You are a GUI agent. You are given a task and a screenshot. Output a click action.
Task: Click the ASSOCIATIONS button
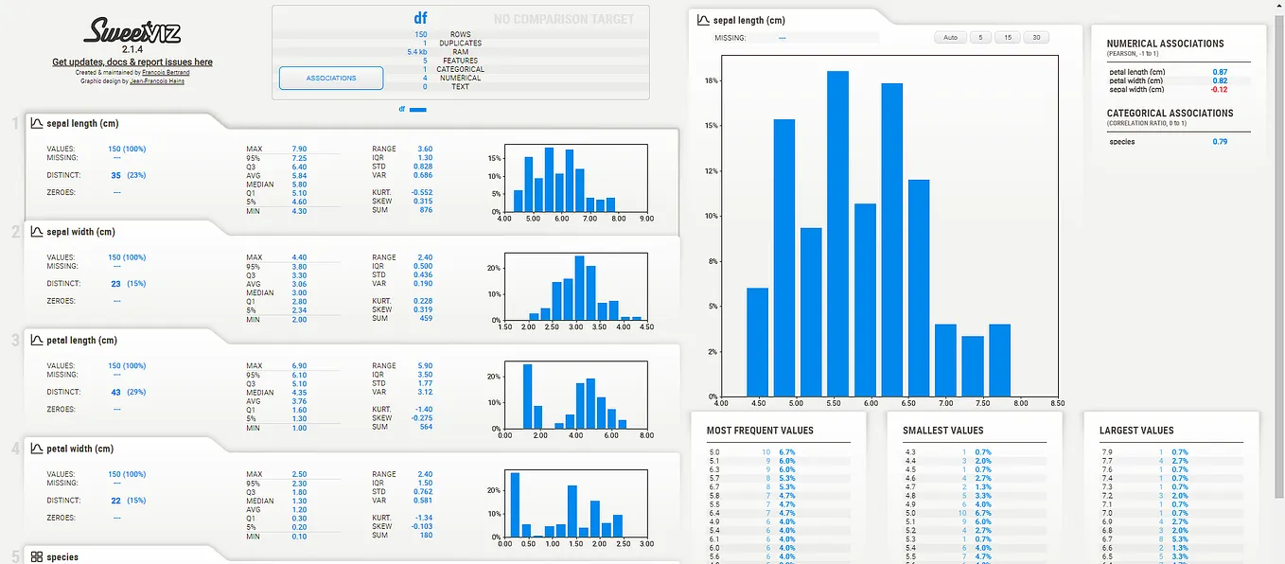(331, 78)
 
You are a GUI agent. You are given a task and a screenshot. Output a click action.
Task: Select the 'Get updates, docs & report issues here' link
(132, 62)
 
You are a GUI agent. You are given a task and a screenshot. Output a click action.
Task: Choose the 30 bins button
(1037, 38)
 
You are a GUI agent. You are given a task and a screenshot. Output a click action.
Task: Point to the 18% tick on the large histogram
(711, 80)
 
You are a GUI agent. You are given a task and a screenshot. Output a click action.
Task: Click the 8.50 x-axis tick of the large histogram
(1057, 402)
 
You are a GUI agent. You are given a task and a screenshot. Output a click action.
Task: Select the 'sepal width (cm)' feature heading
(80, 232)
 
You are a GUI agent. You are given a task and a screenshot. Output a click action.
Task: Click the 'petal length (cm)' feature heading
(81, 341)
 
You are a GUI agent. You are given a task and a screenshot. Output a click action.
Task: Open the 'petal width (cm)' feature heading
(79, 449)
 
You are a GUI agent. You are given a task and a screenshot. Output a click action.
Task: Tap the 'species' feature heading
(62, 556)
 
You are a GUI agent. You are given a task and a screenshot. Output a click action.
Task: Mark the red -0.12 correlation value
(1220, 89)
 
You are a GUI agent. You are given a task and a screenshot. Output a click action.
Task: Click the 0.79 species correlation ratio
(1220, 142)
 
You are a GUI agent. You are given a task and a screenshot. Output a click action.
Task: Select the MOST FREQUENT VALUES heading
(760, 431)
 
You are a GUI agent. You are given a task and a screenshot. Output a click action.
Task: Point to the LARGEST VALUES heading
(1136, 431)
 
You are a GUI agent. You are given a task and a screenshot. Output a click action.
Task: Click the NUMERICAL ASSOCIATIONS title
(1165, 44)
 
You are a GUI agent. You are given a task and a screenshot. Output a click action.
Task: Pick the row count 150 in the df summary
(420, 35)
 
